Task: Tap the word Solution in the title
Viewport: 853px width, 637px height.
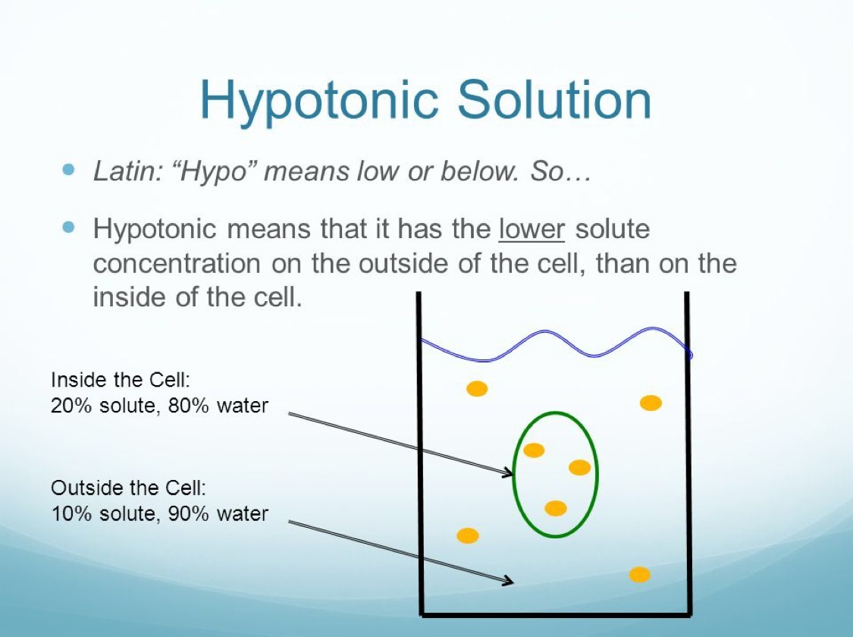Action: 554,99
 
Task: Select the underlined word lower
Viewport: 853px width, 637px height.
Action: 532,228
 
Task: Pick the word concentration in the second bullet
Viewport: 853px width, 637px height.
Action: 177,264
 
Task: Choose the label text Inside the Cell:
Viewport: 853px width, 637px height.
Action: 121,380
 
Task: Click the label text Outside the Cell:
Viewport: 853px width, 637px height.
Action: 129,488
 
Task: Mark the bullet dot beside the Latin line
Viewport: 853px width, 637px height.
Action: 68,169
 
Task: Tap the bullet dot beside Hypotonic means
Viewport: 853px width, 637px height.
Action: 68,226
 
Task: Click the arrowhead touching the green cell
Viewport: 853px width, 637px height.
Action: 508,472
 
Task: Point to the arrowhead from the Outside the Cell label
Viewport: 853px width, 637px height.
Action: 508,580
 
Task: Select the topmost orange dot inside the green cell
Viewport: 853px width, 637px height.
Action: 534,450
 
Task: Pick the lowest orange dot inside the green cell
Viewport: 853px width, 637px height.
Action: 556,508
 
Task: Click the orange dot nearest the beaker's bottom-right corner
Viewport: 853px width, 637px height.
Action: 640,575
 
